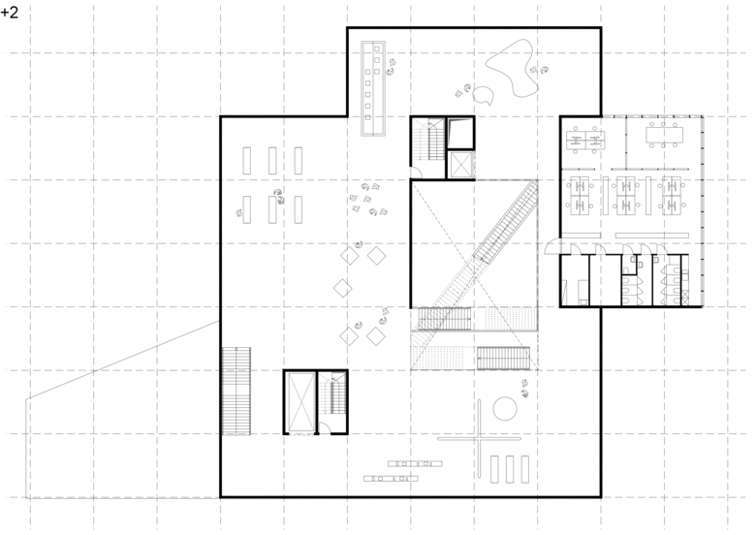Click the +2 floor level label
[x=9, y=12]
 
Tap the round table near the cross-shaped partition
[x=505, y=409]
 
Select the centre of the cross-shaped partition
[x=479, y=439]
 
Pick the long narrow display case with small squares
[x=373, y=88]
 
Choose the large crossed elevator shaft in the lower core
[x=300, y=402]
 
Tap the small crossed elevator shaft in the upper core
[x=460, y=165]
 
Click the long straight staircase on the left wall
[x=236, y=391]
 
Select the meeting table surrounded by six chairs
[x=664, y=135]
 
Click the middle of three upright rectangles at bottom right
[x=510, y=469]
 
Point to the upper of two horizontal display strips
[x=415, y=463]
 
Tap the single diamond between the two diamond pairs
[x=343, y=288]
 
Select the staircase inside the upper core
[x=436, y=140]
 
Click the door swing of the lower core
[x=326, y=427]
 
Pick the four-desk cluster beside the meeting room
[x=585, y=141]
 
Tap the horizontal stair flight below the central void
[x=503, y=358]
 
